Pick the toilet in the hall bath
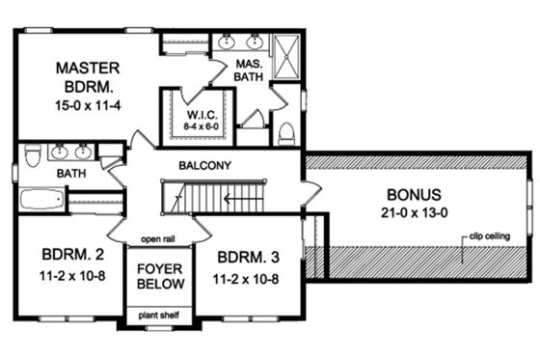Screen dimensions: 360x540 pos(32,155)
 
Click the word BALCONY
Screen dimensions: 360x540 pos(203,165)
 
